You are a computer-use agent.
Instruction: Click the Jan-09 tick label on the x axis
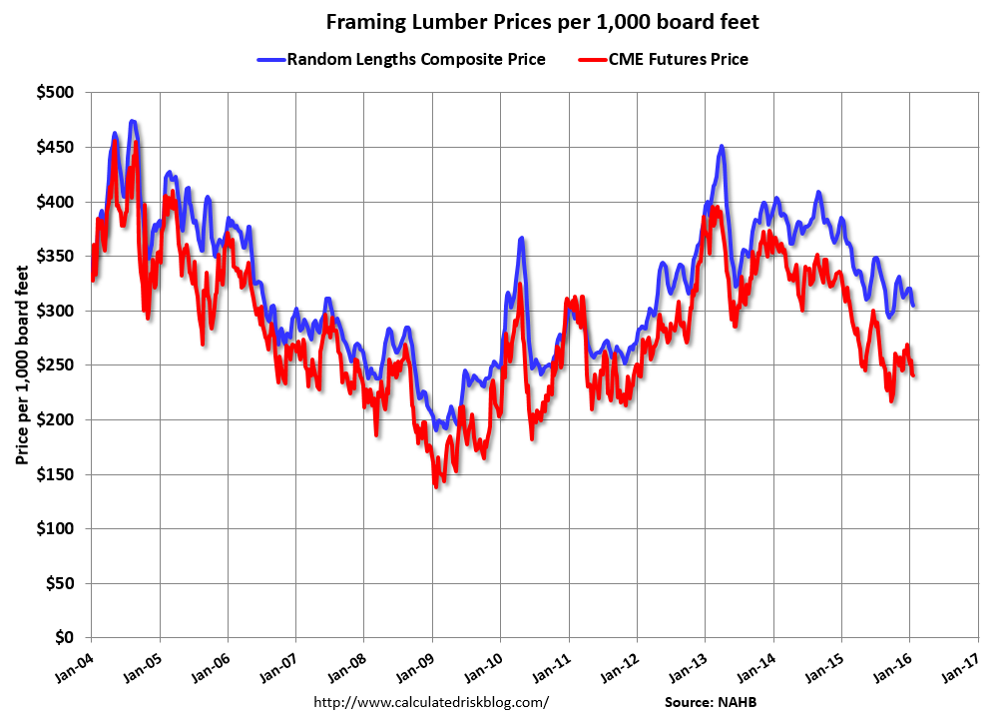coord(417,666)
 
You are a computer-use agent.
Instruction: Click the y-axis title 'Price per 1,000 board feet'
coord(22,365)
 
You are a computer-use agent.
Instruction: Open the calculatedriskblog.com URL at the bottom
coord(431,702)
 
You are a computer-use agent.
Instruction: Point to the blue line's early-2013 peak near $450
coord(721,147)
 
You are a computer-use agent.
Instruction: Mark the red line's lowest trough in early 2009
coord(435,484)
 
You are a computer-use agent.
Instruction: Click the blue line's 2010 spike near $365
coord(521,240)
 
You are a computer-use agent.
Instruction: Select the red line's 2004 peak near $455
coord(115,142)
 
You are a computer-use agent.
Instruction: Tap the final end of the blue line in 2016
coord(914,305)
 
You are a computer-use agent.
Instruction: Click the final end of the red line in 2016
coord(914,374)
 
